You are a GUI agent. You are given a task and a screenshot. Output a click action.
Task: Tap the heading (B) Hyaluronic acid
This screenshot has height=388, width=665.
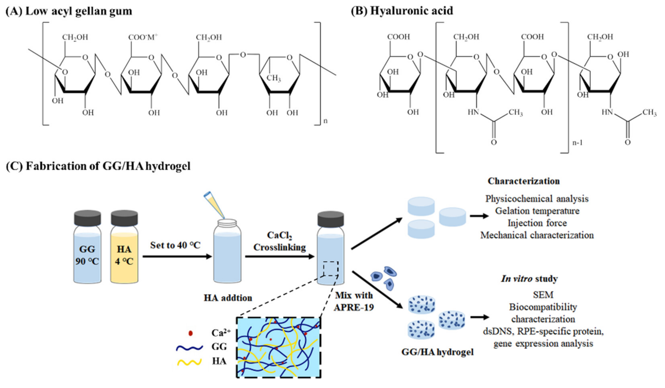[x=402, y=11]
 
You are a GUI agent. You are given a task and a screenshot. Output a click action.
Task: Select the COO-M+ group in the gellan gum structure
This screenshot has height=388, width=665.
[x=142, y=37]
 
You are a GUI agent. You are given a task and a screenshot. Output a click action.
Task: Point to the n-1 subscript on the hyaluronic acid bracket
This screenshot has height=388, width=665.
[x=577, y=143]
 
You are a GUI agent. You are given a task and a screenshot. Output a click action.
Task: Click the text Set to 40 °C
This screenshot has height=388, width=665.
[x=175, y=245]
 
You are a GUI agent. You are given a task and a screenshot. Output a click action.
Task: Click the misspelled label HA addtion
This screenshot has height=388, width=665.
[x=228, y=298]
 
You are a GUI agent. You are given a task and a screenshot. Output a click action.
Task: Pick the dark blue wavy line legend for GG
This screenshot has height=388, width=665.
[x=189, y=348]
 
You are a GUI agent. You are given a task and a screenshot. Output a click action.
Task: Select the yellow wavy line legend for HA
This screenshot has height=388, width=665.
[x=189, y=362]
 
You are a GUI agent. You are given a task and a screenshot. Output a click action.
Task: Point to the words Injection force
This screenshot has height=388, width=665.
[x=537, y=223]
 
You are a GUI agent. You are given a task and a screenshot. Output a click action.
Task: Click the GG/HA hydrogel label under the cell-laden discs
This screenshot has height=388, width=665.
[x=437, y=352]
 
